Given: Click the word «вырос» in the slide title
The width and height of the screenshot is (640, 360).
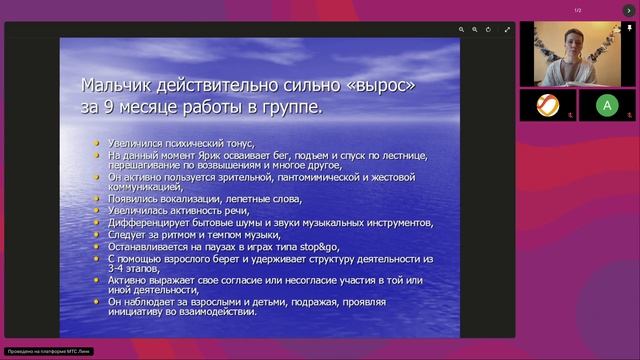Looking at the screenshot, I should (x=373, y=86).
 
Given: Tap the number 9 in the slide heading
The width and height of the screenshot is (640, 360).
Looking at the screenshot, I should (x=107, y=107).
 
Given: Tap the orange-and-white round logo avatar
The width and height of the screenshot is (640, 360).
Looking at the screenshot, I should (x=548, y=104).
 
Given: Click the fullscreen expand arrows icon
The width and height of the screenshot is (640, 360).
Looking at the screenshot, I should (x=507, y=30).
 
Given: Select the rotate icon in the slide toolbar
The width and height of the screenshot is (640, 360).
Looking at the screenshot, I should (x=488, y=30).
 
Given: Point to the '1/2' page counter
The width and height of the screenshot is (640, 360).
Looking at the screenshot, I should (x=578, y=11).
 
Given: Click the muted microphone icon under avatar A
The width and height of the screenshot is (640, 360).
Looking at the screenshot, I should (x=627, y=116).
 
